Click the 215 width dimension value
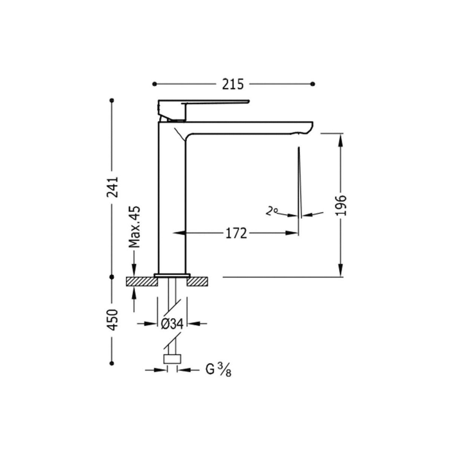coord(233,84)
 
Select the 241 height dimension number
coord(112,186)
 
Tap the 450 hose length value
coord(112,320)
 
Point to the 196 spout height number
coord(341,205)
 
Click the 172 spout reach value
coord(236,233)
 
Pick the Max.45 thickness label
coord(134,227)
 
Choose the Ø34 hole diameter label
coord(172,324)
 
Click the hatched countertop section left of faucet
coord(141,282)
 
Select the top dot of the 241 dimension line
coord(112,100)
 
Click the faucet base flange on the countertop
coord(172,275)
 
